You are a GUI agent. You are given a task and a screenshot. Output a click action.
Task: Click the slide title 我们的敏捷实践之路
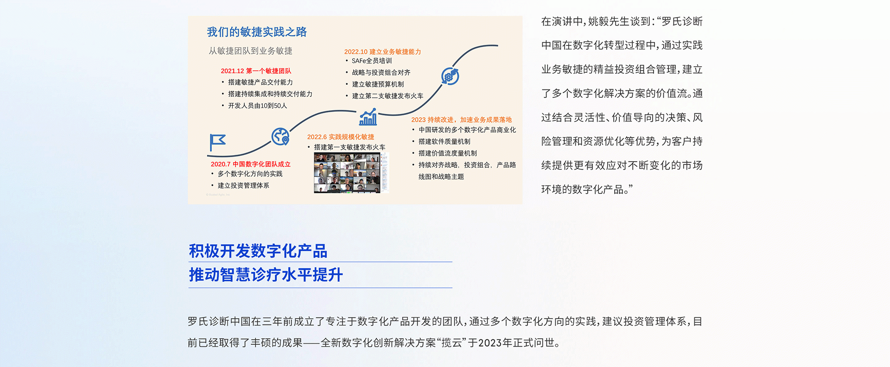click(257, 32)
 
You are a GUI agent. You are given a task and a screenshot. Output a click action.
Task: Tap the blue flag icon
click(217, 142)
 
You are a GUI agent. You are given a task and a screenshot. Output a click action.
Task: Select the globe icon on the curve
click(280, 137)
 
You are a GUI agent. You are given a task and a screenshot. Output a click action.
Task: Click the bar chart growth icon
click(368, 117)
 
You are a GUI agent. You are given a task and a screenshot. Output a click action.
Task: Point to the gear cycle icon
click(450, 76)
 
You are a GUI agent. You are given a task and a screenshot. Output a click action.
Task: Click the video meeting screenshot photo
click(351, 172)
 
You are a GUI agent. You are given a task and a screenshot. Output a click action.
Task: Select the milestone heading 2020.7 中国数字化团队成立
click(250, 164)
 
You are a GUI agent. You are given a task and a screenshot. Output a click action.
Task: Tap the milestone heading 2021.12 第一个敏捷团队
click(256, 71)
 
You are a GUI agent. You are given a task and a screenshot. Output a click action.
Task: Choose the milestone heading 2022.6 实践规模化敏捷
click(341, 137)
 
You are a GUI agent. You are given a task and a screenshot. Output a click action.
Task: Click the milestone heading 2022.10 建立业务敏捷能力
click(382, 52)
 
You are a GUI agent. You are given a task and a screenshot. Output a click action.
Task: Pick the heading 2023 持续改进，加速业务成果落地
click(461, 120)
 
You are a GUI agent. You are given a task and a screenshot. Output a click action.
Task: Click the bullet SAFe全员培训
click(372, 61)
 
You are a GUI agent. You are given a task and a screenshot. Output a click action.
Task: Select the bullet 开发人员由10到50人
click(258, 106)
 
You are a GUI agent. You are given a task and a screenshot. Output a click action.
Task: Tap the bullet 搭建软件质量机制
click(445, 141)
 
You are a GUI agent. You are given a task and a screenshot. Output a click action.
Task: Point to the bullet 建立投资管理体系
click(243, 185)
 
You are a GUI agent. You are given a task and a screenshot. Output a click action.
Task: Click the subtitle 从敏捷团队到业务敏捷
click(250, 51)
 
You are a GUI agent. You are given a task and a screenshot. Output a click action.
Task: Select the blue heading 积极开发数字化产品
click(258, 251)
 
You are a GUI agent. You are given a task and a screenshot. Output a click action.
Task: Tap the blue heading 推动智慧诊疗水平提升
click(266, 275)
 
